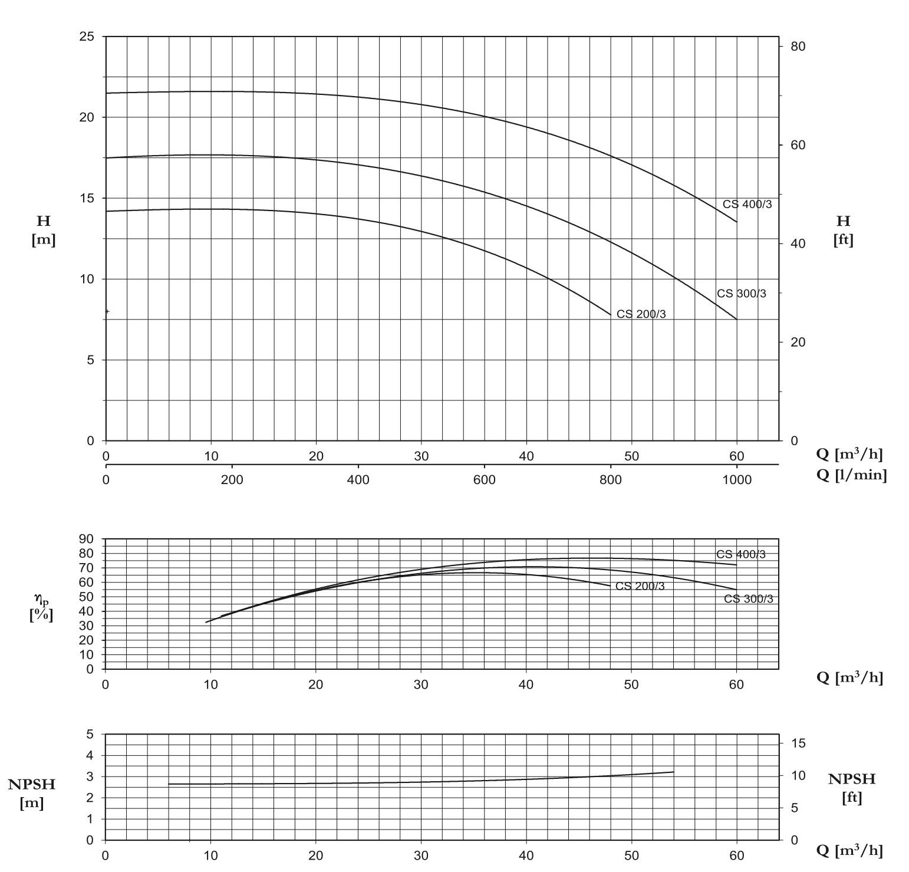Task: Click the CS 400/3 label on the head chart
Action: coord(747,204)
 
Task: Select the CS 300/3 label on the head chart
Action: coord(741,294)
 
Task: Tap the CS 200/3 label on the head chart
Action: coord(641,314)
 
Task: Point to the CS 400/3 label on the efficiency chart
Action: coord(740,554)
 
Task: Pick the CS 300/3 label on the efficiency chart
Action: coord(748,599)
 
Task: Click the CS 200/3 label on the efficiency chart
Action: coord(640,586)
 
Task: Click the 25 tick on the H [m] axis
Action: coord(86,37)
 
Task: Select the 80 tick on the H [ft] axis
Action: coord(798,46)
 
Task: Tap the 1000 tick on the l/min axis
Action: coord(736,480)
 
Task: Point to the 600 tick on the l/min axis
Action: coord(484,480)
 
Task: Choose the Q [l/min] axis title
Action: coord(851,475)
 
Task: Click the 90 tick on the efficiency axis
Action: coord(86,539)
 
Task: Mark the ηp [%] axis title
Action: coord(41,607)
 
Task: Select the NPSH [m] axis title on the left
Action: coord(32,793)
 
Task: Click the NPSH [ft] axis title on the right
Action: coord(851,788)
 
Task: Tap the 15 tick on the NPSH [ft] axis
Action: coord(798,743)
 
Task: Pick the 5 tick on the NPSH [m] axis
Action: coord(90,735)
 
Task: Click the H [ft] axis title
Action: coord(843,230)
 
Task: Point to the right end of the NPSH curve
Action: coord(673,772)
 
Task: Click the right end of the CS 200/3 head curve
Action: coord(611,315)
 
